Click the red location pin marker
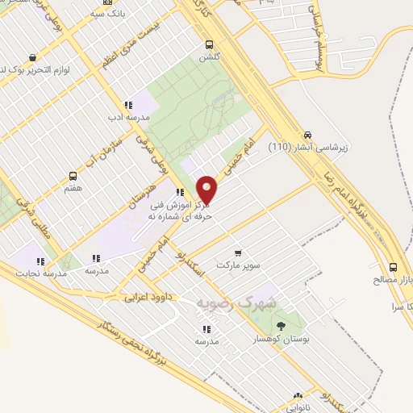[207, 189]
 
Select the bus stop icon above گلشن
[210, 45]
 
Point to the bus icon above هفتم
[73, 175]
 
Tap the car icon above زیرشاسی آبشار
[307, 136]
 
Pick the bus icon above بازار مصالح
[393, 267]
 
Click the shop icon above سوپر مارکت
[237, 252]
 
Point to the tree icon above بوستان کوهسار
[281, 326]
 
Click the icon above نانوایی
[298, 396]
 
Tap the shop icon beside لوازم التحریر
[31, 58]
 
